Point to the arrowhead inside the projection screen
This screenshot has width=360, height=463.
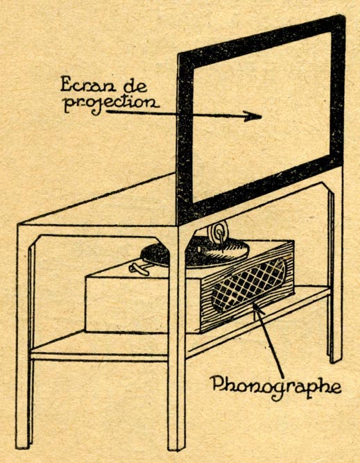[x=252, y=116]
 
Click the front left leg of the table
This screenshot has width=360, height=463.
[x=23, y=337]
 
